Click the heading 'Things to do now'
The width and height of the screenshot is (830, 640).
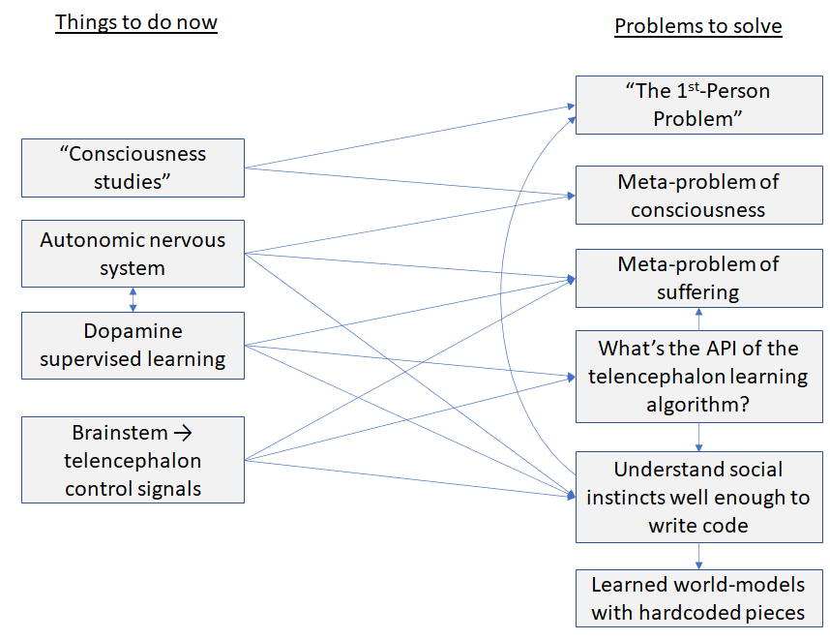pos(135,23)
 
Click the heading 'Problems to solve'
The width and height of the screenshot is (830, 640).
pos(697,26)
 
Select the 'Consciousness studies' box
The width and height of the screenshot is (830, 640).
pos(133,168)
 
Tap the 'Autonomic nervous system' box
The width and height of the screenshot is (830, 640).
pos(133,254)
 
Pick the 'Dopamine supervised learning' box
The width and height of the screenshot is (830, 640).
pos(133,346)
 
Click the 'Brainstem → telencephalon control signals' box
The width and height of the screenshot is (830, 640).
pos(133,460)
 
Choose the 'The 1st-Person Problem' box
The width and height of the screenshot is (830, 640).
pos(697,106)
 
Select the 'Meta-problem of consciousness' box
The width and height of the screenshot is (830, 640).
pos(697,196)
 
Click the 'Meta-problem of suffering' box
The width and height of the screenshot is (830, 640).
pos(697,278)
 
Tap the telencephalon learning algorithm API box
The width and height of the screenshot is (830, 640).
pos(697,377)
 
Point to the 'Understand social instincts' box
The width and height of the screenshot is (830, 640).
pos(697,498)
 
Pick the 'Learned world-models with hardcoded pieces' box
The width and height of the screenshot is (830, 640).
pos(697,598)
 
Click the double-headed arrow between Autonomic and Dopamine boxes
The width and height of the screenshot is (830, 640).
pos(133,299)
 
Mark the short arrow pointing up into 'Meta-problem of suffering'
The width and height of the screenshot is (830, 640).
pos(697,319)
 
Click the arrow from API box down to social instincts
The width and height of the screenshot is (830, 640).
pos(697,438)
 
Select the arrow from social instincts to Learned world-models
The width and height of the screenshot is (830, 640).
pos(697,557)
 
